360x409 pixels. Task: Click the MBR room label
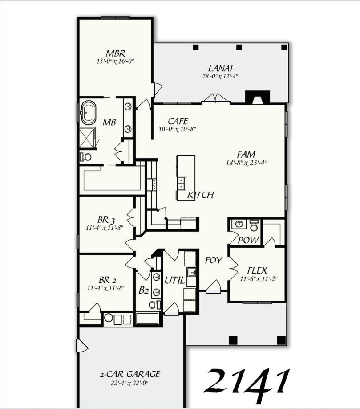115,53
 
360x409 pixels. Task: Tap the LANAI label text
220,68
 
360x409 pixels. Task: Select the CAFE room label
178,121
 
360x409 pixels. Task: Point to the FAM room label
247,155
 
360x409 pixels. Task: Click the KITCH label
200,195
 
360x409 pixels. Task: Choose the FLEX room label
257,270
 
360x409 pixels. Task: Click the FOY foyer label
213,260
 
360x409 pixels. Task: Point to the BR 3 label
106,220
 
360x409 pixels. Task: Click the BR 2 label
107,280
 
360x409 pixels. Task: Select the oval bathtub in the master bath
88,112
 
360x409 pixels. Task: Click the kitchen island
186,178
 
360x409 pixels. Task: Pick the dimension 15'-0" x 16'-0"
115,61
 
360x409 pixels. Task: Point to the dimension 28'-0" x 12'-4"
220,76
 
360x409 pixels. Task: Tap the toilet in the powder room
254,225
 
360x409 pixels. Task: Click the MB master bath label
109,122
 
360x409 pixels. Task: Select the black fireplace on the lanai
258,97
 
